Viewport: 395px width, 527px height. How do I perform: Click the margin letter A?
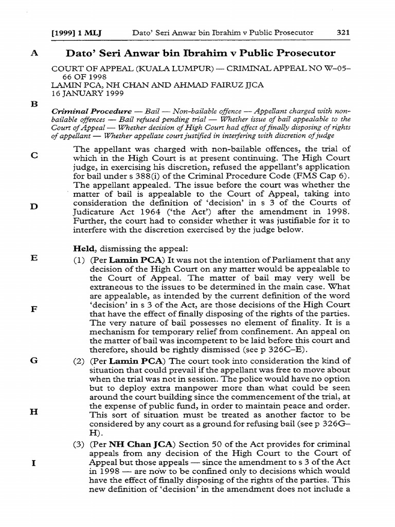pos(34,54)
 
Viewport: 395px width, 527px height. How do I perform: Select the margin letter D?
pos(34,206)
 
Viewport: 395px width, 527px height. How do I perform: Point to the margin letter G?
pos(34,361)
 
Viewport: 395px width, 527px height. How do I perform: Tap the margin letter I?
pos(33,462)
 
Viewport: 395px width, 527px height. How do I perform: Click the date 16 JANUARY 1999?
pos(82,94)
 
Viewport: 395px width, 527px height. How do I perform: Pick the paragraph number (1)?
pos(80,260)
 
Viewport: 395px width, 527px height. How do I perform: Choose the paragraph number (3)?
pos(80,444)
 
